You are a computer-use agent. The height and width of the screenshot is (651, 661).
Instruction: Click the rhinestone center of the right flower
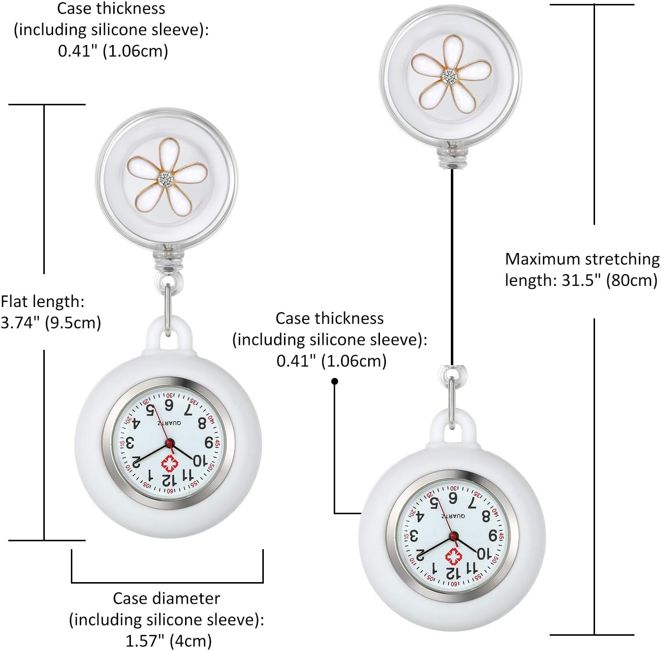click(x=450, y=76)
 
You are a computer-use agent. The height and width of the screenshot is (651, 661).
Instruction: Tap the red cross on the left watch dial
click(x=169, y=464)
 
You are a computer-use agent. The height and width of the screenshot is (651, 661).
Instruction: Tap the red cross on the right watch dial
click(x=453, y=557)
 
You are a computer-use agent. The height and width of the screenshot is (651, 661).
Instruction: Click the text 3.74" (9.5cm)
click(x=51, y=323)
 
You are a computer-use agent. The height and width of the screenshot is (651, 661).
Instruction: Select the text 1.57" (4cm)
click(x=168, y=641)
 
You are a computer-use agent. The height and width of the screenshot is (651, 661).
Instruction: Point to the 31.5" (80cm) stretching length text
click(x=581, y=280)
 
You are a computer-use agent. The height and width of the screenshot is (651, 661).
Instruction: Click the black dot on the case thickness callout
click(x=335, y=381)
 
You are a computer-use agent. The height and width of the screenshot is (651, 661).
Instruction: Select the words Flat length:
click(x=43, y=301)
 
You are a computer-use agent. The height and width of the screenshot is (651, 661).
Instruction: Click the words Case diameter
click(x=166, y=598)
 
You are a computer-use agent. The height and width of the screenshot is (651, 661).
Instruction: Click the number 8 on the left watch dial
click(x=202, y=423)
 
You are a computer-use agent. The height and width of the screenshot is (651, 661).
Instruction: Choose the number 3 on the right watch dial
click(x=414, y=535)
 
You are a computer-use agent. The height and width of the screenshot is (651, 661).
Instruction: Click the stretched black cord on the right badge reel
click(x=452, y=266)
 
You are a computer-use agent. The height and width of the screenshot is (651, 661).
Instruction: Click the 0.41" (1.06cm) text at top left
click(x=113, y=51)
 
